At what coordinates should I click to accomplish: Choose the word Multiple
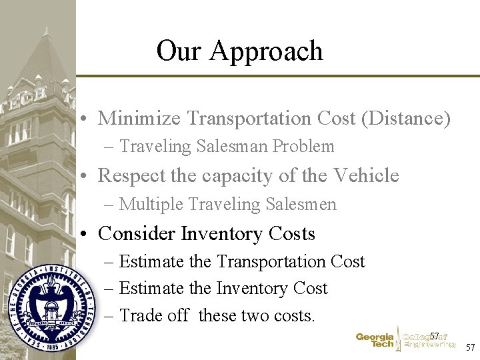pyautogui.click(x=147, y=205)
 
